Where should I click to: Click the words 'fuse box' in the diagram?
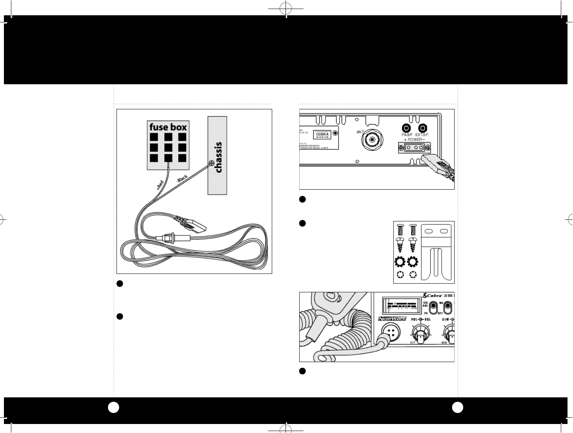click(x=168, y=127)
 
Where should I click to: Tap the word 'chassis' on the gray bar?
click(x=218, y=157)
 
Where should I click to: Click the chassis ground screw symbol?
click(x=211, y=163)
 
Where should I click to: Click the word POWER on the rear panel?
click(x=414, y=140)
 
